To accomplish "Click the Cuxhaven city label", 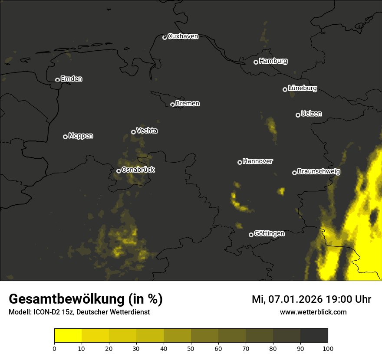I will [183, 36].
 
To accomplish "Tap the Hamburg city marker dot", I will [256, 62].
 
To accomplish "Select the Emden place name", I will [71, 79].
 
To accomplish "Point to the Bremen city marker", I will [172, 105].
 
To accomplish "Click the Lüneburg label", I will [302, 88].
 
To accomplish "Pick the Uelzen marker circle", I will [298, 115].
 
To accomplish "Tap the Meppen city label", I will [81, 136].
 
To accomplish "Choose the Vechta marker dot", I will [133, 132].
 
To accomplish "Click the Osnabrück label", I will [138, 170].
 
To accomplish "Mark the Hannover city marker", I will [240, 162].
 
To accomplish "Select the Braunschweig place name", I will [319, 172].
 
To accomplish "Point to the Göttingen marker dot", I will [251, 235].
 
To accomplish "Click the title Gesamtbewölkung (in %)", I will [86, 299].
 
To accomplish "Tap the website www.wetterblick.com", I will [313, 312].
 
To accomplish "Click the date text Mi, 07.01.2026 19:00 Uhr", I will [311, 299].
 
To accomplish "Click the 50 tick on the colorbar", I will [191, 348].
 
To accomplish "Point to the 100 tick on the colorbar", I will [328, 348].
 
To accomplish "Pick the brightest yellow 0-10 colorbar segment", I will [68, 336].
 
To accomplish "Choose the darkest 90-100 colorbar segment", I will [314, 336].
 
